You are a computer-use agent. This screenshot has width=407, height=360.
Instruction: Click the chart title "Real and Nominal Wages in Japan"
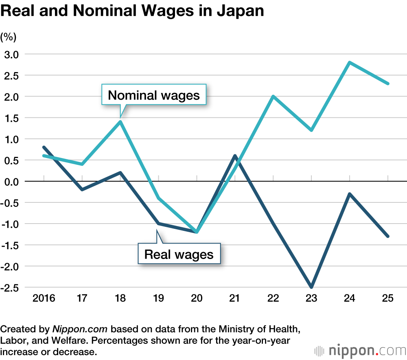[132, 11]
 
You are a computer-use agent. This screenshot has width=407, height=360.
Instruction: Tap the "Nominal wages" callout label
[154, 95]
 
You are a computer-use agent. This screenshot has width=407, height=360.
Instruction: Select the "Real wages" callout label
[179, 255]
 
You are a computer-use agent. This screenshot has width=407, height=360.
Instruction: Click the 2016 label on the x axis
[44, 299]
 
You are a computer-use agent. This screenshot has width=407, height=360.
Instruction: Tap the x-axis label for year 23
[311, 299]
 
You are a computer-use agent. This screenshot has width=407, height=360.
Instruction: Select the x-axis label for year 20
[197, 299]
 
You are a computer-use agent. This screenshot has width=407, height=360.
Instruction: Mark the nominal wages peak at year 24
[350, 62]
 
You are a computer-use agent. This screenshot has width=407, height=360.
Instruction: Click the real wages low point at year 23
[311, 287]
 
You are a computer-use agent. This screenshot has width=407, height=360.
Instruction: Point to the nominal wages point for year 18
[120, 122]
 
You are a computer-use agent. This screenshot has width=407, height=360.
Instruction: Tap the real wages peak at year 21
[235, 156]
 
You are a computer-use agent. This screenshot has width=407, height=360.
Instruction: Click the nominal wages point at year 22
[273, 97]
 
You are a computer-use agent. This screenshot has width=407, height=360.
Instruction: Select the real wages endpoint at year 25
[388, 236]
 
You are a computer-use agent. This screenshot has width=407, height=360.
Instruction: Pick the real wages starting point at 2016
[44, 147]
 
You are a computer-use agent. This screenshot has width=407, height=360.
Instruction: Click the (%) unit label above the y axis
[9, 37]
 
